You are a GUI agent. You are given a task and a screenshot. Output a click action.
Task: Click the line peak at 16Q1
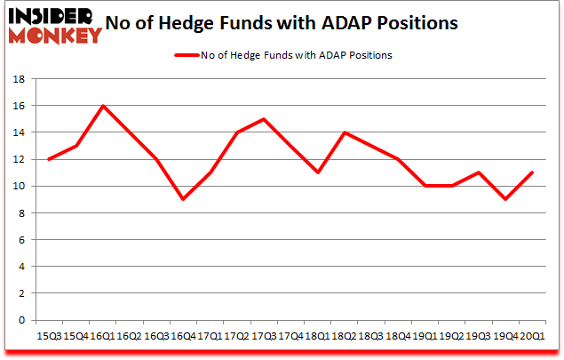click(103, 106)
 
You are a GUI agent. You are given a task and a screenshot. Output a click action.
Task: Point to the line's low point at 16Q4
click(183, 199)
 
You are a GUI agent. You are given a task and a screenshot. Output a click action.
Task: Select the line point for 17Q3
click(264, 119)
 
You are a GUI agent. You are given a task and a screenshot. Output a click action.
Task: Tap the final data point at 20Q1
click(531, 172)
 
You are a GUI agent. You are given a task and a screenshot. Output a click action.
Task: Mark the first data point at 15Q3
click(50, 159)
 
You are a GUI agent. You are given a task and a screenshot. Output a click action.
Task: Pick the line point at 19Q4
click(504, 199)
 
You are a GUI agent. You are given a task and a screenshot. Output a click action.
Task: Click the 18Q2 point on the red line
click(344, 132)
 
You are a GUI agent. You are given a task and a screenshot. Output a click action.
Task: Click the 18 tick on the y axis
click(18, 79)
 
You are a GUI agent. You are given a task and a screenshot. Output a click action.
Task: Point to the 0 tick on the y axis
click(20, 320)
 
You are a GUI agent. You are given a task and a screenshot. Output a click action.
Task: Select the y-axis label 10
click(18, 186)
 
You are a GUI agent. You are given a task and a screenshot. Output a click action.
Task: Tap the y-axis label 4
click(20, 267)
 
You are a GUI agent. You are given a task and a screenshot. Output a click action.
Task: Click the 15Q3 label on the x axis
click(50, 336)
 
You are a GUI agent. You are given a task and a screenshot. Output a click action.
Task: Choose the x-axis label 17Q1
click(210, 336)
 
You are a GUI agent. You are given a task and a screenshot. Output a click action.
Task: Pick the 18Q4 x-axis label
click(397, 336)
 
